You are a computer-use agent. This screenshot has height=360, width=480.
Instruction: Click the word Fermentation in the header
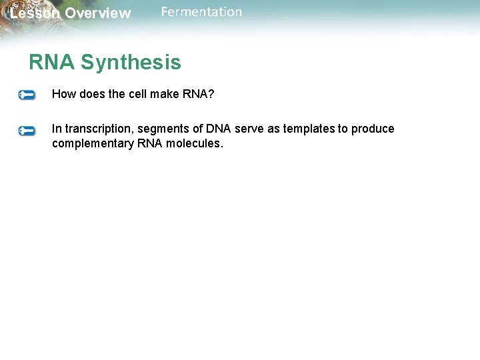tap(201, 12)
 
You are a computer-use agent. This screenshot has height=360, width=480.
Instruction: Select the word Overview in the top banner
tap(98, 13)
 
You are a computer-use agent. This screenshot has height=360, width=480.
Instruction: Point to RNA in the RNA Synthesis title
tap(52, 63)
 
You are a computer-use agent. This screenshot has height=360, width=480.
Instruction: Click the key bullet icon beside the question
tap(27, 95)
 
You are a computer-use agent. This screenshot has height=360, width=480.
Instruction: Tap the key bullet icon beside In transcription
tap(27, 131)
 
